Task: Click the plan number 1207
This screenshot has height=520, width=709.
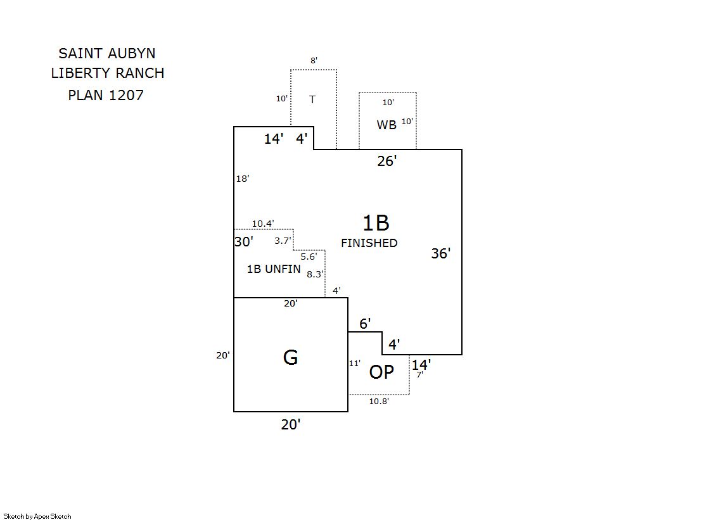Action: point(127,96)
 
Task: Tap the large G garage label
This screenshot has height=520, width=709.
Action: point(290,358)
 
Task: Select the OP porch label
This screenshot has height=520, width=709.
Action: point(381,372)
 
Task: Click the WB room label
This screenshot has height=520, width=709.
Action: point(386,125)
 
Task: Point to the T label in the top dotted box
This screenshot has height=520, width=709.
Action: point(312,99)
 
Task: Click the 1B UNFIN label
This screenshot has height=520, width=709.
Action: point(274,269)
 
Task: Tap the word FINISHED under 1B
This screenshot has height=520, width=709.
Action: point(369,243)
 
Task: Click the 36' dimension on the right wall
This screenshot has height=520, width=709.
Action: point(441,253)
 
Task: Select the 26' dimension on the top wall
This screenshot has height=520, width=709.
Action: point(387,161)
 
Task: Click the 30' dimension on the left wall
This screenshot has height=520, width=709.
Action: point(244,241)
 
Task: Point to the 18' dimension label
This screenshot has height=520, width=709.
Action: point(243,179)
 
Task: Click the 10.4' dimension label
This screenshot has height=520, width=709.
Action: point(263,224)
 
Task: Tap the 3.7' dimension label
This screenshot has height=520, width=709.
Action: point(283,241)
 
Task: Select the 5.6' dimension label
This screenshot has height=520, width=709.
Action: point(309,257)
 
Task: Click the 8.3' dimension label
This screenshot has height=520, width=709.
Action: point(315,274)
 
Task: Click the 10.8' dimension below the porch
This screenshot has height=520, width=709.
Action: point(379,401)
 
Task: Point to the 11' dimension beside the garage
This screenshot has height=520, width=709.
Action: point(355,364)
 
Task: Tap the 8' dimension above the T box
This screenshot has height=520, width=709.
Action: point(314,61)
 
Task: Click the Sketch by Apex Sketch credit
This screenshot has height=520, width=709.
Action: point(37,516)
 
